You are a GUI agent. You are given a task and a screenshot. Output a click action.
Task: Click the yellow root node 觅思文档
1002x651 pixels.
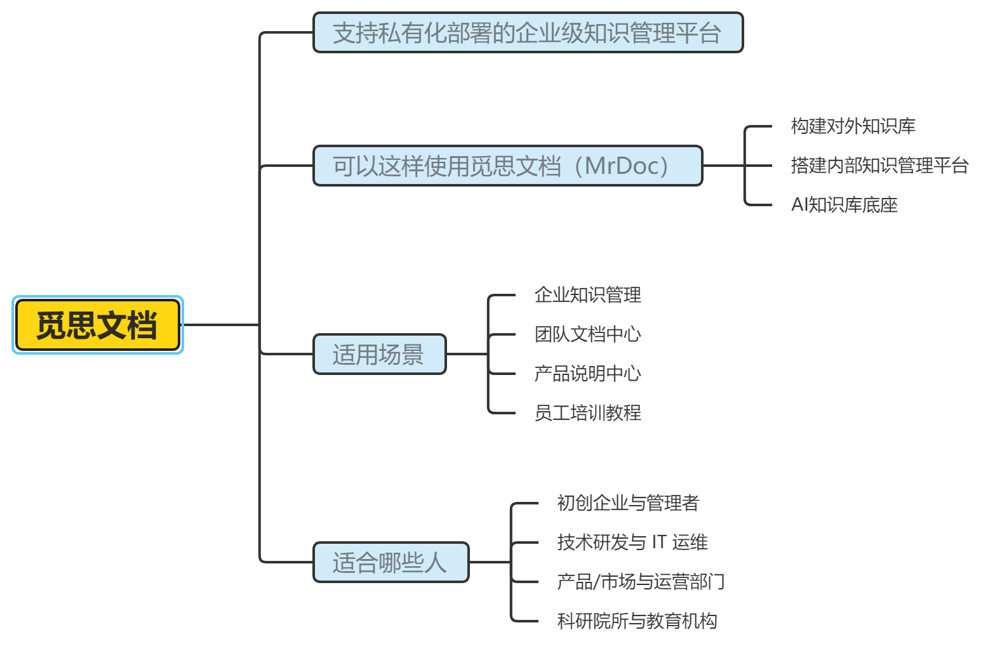click(x=97, y=325)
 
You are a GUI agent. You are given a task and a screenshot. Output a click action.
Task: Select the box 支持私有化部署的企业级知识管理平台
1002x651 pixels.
click(x=527, y=33)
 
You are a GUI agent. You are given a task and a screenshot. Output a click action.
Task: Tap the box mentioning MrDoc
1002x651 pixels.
click(x=507, y=166)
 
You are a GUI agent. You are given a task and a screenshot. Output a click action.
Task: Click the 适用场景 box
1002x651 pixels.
click(x=379, y=354)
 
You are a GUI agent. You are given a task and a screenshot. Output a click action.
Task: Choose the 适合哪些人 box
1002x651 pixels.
click(x=391, y=562)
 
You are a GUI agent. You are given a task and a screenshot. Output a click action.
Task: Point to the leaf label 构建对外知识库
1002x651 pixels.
click(x=853, y=126)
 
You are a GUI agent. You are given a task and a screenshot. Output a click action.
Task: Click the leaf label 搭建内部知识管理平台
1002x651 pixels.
click(x=879, y=166)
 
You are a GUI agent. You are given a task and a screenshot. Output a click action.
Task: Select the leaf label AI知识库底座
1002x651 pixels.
click(x=844, y=205)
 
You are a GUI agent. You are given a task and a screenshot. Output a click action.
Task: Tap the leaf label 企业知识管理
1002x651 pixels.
click(x=587, y=295)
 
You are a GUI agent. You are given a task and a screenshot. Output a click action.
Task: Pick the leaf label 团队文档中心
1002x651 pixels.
click(x=587, y=334)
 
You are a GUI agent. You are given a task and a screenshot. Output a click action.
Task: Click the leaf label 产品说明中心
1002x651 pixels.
click(x=587, y=374)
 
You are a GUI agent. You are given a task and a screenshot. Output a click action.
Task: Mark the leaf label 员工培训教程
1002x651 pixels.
click(x=587, y=413)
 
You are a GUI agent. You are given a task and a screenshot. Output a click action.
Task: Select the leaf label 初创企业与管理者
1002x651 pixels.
click(x=628, y=503)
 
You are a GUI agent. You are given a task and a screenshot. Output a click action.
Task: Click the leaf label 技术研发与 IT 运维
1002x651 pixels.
click(x=632, y=542)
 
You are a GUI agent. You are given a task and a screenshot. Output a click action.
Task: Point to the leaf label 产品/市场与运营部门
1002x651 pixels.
click(x=640, y=582)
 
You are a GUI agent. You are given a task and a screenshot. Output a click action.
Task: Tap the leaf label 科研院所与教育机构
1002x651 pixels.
click(x=637, y=621)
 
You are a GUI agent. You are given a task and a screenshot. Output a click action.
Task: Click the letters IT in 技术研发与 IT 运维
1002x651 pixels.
click(x=658, y=542)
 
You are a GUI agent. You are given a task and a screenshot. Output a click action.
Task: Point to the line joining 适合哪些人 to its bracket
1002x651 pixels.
click(x=490, y=562)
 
